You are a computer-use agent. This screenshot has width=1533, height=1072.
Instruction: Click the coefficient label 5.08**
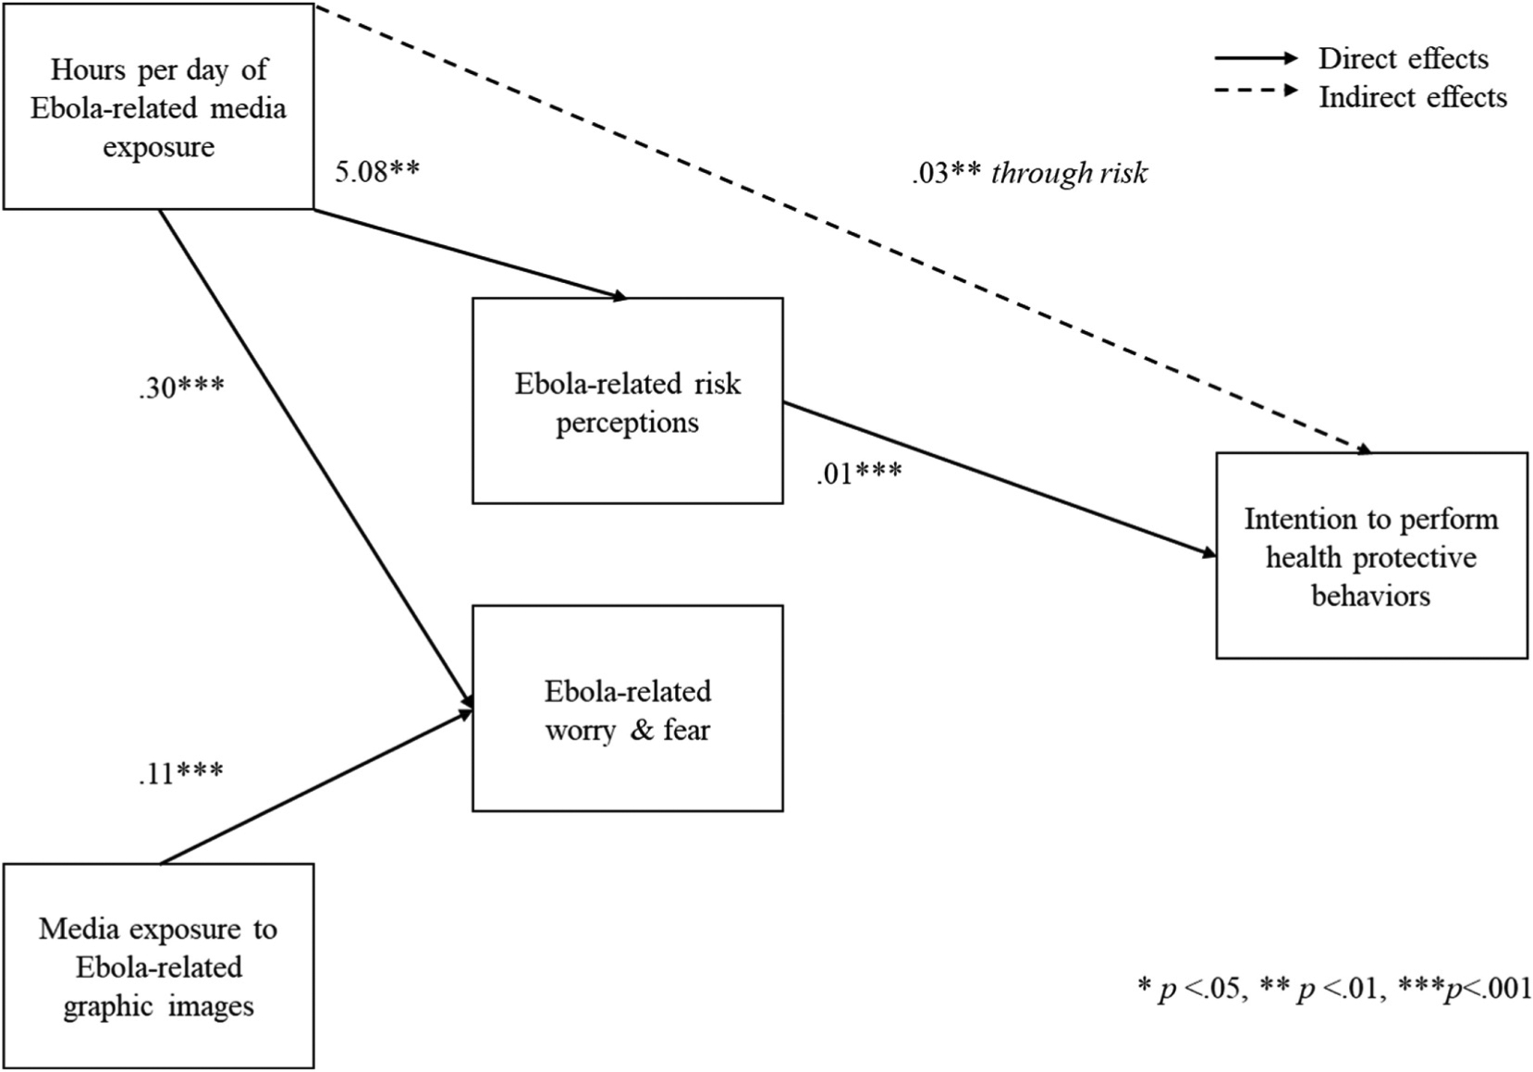click(376, 172)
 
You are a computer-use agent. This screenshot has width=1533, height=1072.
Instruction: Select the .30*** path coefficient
click(181, 387)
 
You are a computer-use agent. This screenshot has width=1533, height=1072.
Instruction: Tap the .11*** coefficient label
click(180, 771)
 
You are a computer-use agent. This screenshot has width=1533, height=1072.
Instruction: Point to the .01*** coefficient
click(859, 474)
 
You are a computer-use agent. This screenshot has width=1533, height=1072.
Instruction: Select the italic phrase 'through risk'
click(1069, 173)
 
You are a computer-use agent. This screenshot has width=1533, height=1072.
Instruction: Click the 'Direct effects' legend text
click(1403, 58)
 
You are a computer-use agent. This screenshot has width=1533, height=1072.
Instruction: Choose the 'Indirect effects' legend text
click(1412, 97)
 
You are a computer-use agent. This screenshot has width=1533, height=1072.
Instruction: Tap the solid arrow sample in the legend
click(1256, 58)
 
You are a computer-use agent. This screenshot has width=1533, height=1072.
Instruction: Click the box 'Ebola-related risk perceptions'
click(627, 400)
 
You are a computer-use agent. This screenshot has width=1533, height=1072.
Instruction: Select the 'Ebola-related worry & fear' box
click(627, 709)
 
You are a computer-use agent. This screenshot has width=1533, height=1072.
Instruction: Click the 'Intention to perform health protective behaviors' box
click(1370, 556)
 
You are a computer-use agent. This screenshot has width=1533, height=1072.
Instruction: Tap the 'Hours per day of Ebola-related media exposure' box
click(158, 106)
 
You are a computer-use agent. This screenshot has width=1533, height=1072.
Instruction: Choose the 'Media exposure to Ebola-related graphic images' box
click(158, 967)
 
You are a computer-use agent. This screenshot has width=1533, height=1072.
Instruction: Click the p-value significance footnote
click(1333, 988)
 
